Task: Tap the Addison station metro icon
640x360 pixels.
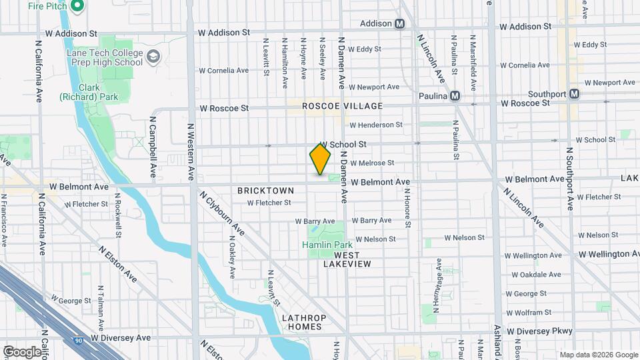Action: pyautogui.click(x=400, y=23)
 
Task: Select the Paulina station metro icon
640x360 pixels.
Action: pyautogui.click(x=455, y=95)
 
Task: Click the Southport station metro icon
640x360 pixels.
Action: pyautogui.click(x=573, y=94)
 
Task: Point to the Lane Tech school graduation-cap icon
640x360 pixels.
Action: pyautogui.click(x=155, y=56)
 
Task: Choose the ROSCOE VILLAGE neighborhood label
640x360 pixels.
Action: pyautogui.click(x=342, y=106)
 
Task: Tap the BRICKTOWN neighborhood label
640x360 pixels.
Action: pyautogui.click(x=261, y=191)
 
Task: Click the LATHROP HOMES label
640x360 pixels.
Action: pyautogui.click(x=302, y=322)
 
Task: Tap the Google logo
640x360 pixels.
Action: pyautogui.click(x=21, y=351)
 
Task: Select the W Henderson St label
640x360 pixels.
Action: pyautogui.click(x=375, y=125)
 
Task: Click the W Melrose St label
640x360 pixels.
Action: pyautogui.click(x=372, y=163)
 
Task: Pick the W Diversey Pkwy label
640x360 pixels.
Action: pyautogui.click(x=539, y=331)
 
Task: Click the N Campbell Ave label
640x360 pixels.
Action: pyautogui.click(x=153, y=147)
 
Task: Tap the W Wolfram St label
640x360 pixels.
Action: pyautogui.click(x=536, y=311)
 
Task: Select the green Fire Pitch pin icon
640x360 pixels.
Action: pyautogui.click(x=77, y=7)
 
